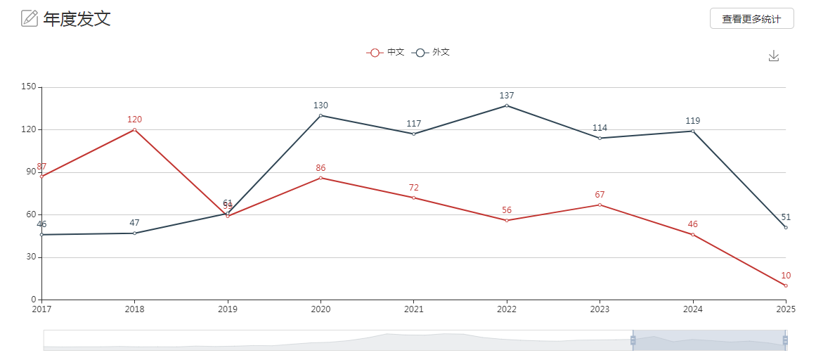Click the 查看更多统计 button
[x=751, y=19]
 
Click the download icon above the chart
[x=774, y=56]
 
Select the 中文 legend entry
[x=385, y=52]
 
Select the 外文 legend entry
[x=431, y=52]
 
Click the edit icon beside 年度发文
[x=30, y=18]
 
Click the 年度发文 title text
[x=77, y=19]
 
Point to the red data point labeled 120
[x=134, y=129]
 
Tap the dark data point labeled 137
[x=507, y=105]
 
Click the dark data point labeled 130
[x=320, y=115]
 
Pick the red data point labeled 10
[x=786, y=285]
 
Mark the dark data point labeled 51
[x=786, y=227]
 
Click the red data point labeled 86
[x=320, y=178]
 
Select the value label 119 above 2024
[x=692, y=121]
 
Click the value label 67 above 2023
[x=600, y=195]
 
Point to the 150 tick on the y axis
[x=28, y=87]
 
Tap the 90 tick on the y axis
[x=30, y=172]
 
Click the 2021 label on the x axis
[x=413, y=309]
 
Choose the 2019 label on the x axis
[x=228, y=309]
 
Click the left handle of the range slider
[x=633, y=340]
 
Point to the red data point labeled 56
[x=507, y=220]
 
